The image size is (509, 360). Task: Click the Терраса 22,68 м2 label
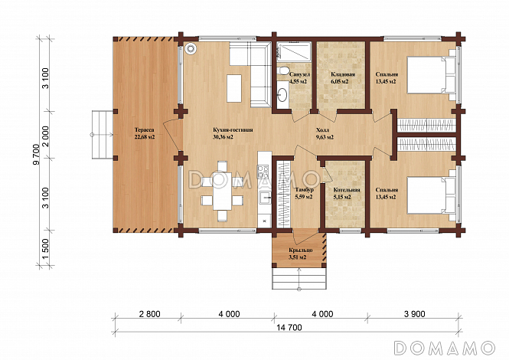145,133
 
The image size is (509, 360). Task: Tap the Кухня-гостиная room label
231,130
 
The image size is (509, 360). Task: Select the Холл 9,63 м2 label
325,133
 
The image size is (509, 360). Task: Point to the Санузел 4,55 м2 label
298,78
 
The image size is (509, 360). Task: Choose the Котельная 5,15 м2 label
347,193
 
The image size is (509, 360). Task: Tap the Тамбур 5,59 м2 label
304,193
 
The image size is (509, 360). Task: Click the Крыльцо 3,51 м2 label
300,254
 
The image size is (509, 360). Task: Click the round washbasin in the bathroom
282,94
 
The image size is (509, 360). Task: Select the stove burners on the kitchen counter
263,172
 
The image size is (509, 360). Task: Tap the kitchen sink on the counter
265,197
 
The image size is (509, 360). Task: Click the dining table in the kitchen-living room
223,191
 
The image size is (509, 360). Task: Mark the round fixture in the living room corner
191,48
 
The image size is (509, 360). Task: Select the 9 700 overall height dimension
37,154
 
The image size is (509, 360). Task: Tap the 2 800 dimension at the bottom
150,314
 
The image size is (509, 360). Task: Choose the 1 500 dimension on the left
45,249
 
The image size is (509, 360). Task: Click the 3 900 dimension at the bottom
415,314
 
